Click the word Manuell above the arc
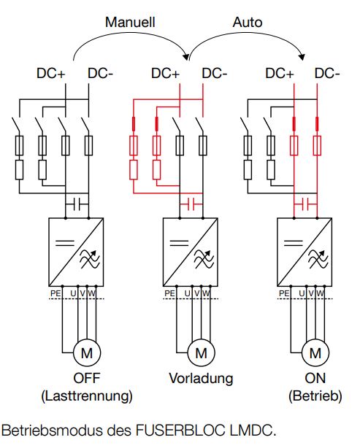click(x=130, y=23)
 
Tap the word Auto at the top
click(x=248, y=23)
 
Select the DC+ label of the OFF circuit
click(x=51, y=74)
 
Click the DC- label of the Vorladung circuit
click(x=215, y=74)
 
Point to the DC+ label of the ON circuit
click(x=280, y=74)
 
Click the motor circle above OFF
click(x=87, y=353)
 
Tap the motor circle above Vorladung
click(x=202, y=353)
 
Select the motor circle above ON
click(x=315, y=353)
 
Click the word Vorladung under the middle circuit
click(x=201, y=379)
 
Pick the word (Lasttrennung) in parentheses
click(x=87, y=396)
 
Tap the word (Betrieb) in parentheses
click(x=315, y=396)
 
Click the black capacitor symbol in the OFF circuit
click(x=77, y=204)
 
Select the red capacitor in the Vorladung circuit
click(x=191, y=204)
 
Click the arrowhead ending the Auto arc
click(x=302, y=57)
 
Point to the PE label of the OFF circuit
click(x=55, y=293)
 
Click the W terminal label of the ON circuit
click(x=321, y=293)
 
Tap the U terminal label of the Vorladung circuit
click(x=188, y=293)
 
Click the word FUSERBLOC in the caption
click(x=181, y=430)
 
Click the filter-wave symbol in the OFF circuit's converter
click(x=90, y=258)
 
